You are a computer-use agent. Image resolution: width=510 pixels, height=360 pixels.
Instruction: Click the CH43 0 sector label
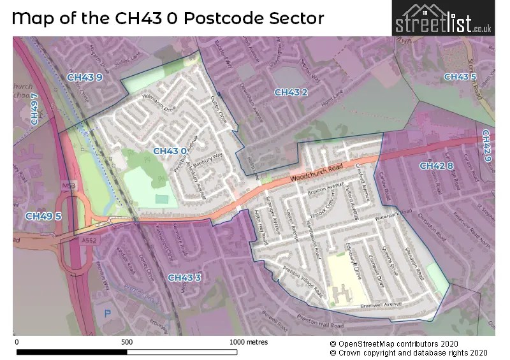click(170, 151)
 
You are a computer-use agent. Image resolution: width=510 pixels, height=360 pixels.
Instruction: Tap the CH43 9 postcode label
click(84, 78)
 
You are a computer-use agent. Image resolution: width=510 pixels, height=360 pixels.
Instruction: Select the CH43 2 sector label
click(291, 92)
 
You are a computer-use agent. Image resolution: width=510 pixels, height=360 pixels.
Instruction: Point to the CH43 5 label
click(460, 77)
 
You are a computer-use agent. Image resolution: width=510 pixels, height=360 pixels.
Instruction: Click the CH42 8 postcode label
click(436, 166)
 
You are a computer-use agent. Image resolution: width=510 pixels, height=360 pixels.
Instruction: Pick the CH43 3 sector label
click(184, 277)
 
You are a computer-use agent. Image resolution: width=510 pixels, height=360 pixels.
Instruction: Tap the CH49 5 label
click(43, 216)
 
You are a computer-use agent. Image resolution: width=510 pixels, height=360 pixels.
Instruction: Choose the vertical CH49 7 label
click(35, 109)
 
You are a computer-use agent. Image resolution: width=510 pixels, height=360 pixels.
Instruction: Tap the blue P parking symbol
click(107, 313)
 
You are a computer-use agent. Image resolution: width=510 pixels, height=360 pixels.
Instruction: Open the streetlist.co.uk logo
click(443, 18)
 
